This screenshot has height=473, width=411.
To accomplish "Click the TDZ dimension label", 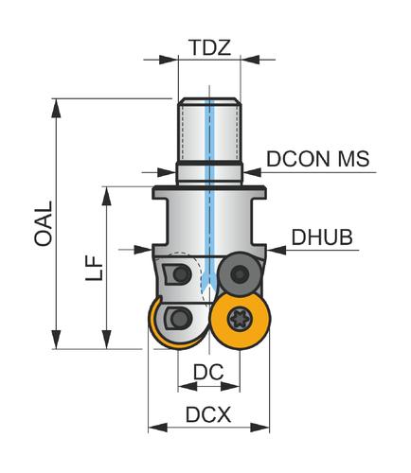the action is pos(210,47).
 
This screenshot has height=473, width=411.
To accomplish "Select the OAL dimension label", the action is pos(44,223).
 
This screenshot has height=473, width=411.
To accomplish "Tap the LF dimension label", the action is pos(94,268).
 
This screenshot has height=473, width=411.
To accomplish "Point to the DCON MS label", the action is pos(318,159).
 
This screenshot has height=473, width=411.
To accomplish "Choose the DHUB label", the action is pos(322,237).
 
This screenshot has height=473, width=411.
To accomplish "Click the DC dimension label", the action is pos(208,372).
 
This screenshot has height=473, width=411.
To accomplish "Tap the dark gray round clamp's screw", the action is pos(239,273).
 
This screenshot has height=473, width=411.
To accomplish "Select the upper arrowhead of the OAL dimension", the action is pos(57,108).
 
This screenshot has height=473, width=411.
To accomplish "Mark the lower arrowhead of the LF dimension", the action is pos(107,340).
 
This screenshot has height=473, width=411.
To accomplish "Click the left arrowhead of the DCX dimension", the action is pos(158,428).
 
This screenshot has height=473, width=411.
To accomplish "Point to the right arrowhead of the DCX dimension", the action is pos(260,428).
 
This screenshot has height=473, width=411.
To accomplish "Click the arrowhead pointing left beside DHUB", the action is pos(276,250).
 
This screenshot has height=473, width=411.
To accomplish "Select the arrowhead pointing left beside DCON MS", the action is pos(252,172).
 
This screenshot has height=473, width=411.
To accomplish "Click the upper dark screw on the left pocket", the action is pos(181,273).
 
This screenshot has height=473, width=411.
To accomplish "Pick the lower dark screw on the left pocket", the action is pos(181,318).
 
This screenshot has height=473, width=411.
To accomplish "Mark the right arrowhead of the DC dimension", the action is pos(230,386).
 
